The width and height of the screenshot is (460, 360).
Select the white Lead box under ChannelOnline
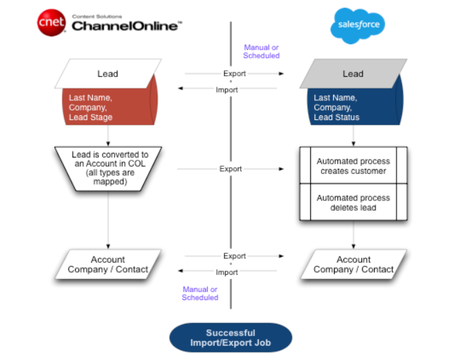(108, 74)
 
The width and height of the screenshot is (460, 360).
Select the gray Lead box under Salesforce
(352, 74)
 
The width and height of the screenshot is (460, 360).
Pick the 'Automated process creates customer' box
(353, 166)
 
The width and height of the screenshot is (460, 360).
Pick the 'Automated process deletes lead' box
(353, 202)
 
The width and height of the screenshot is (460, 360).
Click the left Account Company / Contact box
(108, 265)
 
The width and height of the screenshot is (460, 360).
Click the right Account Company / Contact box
(354, 265)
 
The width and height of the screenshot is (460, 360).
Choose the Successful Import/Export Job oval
(230, 337)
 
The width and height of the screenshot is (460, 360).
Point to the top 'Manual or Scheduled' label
(261, 51)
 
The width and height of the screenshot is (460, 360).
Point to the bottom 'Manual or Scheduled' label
(200, 293)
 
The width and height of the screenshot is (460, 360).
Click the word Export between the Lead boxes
(234, 74)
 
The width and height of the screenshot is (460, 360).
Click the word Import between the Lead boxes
(227, 89)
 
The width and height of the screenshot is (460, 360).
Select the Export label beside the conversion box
(230, 168)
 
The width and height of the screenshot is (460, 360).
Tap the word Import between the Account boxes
(227, 272)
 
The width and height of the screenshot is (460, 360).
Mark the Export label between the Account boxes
(234, 256)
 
